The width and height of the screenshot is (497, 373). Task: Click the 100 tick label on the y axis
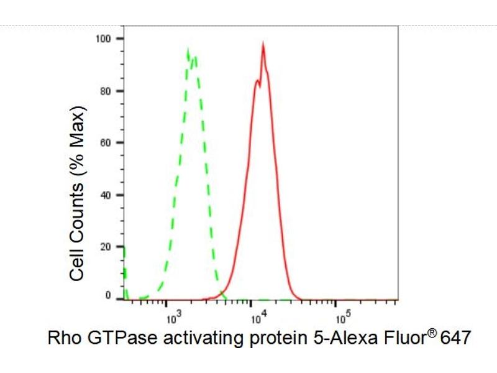point(103,39)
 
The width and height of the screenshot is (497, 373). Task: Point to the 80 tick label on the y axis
point(105,91)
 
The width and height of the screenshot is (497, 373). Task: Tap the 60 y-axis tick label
point(105,143)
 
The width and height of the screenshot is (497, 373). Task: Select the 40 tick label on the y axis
point(105,195)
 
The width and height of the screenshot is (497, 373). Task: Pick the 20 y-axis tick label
point(105,247)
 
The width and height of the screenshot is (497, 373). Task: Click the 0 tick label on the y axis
point(108,296)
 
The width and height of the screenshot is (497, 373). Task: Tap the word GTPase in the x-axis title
point(112,339)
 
